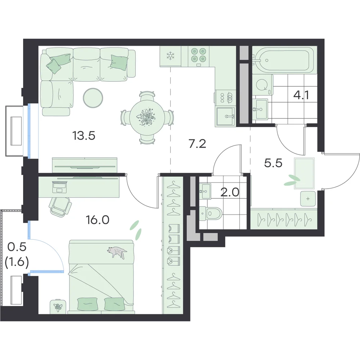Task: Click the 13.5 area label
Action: click(84, 136)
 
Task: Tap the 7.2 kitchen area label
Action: click(197, 144)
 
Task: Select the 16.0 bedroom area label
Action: click(98, 220)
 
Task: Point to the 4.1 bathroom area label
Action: click(301, 95)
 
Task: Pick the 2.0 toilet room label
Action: click(230, 192)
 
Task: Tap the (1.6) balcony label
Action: click(17, 262)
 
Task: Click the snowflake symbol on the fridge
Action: click(170, 56)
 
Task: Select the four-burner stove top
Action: click(198, 55)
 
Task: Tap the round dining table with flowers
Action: click(147, 118)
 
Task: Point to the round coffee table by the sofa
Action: click(93, 98)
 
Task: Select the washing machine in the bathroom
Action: click(263, 85)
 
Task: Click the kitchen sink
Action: click(225, 116)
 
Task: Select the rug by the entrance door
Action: click(304, 174)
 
